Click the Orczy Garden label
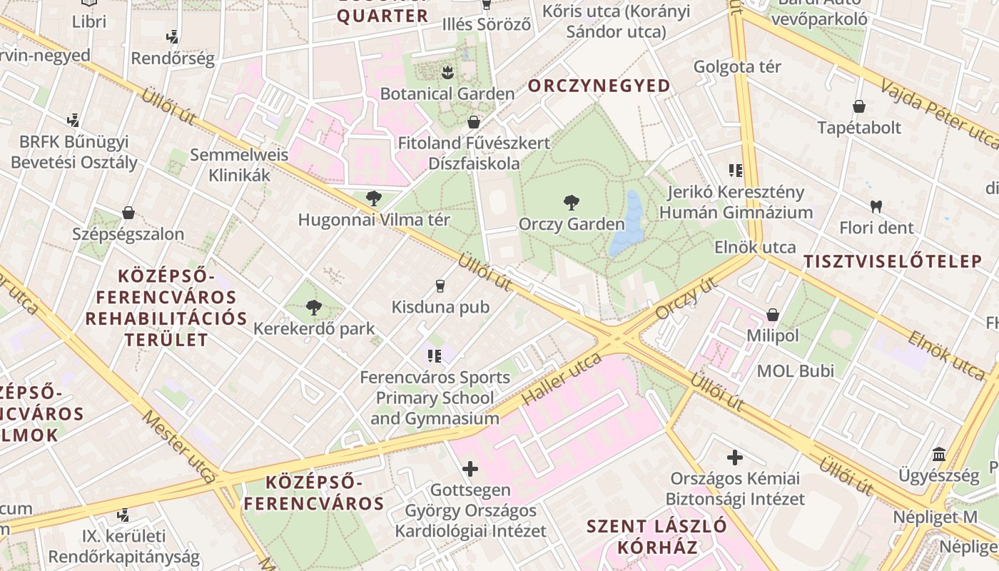[x=572, y=224]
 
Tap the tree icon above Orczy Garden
[x=571, y=203]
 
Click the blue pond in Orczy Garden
[x=628, y=224]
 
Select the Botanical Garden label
[x=447, y=94]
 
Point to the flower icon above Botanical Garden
[x=447, y=72]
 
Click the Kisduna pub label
[x=440, y=307]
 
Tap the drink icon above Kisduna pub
[x=440, y=286]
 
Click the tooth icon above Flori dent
[x=876, y=207]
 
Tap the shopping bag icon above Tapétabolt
[x=859, y=107]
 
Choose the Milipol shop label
[x=773, y=335]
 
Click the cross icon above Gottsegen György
[x=470, y=469]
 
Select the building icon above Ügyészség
[x=939, y=455]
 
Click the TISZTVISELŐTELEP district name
[x=893, y=261]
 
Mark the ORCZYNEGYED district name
[x=599, y=86]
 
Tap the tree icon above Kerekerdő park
[x=313, y=308]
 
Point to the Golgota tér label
[x=738, y=66]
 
